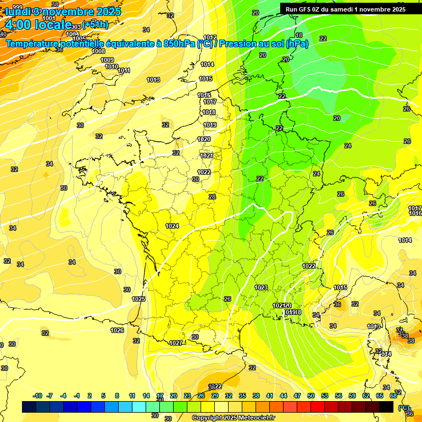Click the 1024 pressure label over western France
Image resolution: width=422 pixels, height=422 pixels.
(172, 226)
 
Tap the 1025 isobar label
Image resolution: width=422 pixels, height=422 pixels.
(138, 299)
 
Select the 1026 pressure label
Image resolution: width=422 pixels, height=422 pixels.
(116, 330)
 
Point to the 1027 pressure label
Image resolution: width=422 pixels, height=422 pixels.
(175, 343)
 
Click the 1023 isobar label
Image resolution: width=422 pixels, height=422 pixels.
(261, 287)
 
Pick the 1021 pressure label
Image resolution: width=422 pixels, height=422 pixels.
(206, 156)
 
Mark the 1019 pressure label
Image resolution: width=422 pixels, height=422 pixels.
(210, 125)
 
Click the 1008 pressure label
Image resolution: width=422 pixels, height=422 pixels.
(98, 51)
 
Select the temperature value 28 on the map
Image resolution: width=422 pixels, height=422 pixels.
(212, 197)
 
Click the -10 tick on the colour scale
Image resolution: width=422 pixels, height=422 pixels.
(37, 396)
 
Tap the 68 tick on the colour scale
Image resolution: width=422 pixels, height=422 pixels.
(393, 396)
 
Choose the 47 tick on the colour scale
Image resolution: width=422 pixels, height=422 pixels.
(297, 396)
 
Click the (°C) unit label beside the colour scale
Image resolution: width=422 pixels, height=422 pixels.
(403, 408)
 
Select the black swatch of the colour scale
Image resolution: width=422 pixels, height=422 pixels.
(386, 407)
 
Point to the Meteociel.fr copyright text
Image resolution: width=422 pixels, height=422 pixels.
(234, 418)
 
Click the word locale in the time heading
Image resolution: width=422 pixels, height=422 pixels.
(53, 24)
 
